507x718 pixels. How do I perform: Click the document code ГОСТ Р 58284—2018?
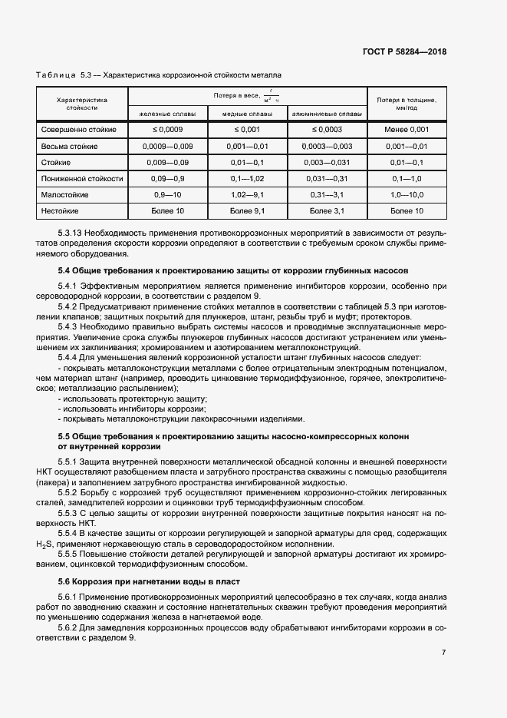[403, 51]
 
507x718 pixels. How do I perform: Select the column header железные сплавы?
[167, 114]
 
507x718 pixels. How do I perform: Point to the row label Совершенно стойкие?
[80, 130]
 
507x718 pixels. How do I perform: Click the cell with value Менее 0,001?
[407, 130]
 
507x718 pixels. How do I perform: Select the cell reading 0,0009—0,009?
[167, 146]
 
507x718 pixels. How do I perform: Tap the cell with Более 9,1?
[247, 210]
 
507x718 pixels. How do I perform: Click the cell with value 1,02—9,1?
[247, 194]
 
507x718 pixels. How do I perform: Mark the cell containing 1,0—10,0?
[407, 194]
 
